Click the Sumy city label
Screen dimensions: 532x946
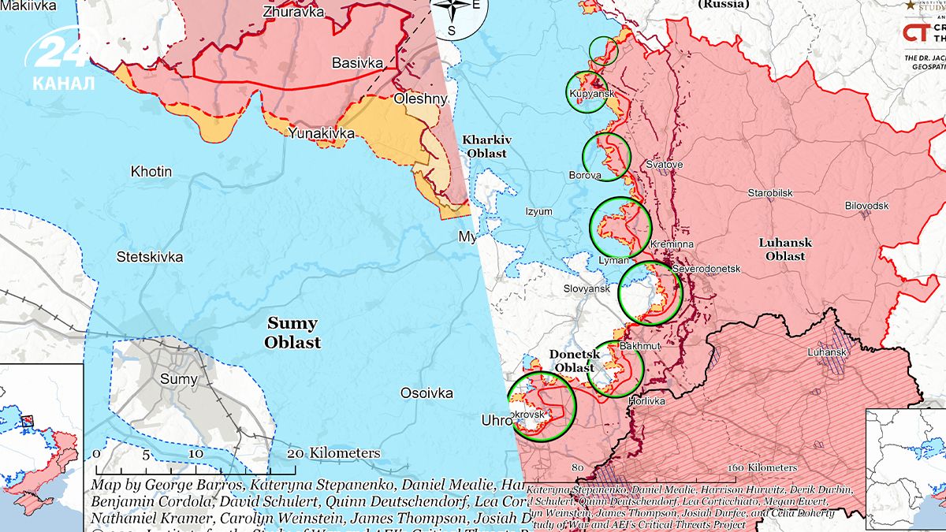click(x=178, y=379)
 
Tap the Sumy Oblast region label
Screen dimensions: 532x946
click(x=292, y=333)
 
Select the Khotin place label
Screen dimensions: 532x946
click(x=151, y=170)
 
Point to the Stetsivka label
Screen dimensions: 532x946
click(x=150, y=257)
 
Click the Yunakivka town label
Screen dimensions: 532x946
click(x=321, y=133)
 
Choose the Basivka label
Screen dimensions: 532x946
click(x=357, y=62)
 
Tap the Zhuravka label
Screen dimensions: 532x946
click(x=294, y=12)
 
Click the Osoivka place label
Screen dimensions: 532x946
click(x=426, y=393)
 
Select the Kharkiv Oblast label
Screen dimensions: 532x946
click(x=486, y=146)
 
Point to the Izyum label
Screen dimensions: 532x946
click(x=539, y=211)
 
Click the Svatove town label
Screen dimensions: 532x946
click(x=664, y=165)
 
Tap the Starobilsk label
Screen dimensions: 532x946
click(x=770, y=193)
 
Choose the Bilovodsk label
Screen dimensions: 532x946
click(x=866, y=205)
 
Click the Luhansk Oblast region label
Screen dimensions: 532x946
click(x=785, y=249)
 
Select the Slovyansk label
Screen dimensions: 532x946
click(x=587, y=289)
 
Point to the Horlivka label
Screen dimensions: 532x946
click(x=646, y=401)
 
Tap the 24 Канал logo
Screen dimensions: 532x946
click(x=63, y=59)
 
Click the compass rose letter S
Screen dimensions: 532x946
click(x=452, y=31)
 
